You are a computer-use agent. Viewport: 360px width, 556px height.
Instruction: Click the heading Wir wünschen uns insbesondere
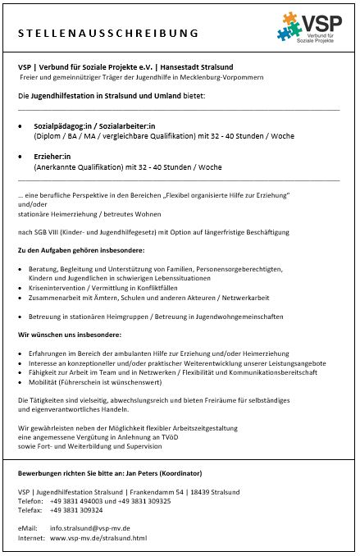point(70,335)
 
